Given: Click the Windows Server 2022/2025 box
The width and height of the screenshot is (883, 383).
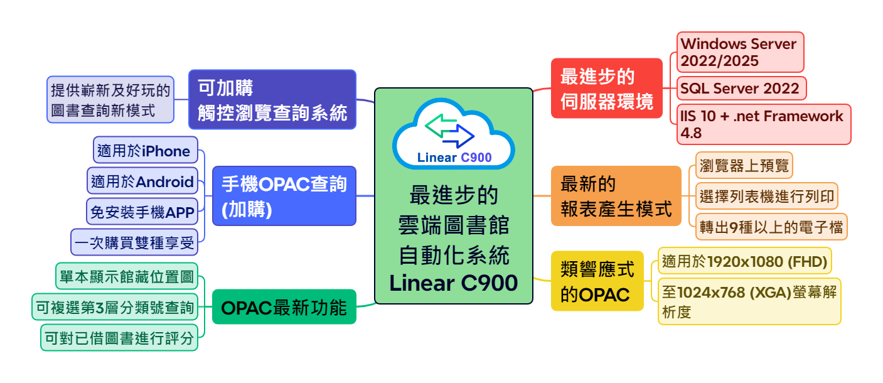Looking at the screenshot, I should coord(740,52).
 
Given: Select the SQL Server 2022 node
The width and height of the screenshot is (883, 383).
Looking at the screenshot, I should coord(741,89).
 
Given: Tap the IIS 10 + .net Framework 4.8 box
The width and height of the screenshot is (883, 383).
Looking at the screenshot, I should coord(764,124).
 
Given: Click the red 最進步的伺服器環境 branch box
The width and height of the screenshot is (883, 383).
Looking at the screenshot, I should coord(606,89).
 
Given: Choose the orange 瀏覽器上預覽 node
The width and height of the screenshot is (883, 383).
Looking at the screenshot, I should coord(744,166).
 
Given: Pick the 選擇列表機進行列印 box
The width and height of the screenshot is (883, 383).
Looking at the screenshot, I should coord(767,197).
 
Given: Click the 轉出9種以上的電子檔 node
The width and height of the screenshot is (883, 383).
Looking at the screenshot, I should coord(771,227).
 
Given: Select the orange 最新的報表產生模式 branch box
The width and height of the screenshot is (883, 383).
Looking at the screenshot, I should coord(616,196).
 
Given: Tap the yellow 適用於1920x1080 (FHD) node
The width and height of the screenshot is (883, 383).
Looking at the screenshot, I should coord(744,261).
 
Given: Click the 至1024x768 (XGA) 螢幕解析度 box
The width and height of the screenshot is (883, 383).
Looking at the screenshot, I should coord(749,301).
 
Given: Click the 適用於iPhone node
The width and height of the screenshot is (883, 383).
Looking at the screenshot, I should coord(145,151).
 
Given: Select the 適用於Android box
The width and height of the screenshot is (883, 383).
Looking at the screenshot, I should coord(142,181).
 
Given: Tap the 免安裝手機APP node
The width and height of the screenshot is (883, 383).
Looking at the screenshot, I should coord(142,212).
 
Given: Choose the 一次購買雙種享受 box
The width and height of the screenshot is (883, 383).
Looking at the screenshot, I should coord(134,242).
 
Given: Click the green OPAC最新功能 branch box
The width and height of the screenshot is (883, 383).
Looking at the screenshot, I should coord(284,307).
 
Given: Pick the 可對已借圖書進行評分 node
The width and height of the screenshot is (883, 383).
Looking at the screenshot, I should coord(119,338).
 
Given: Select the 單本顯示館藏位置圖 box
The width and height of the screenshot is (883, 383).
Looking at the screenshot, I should coord(127,276).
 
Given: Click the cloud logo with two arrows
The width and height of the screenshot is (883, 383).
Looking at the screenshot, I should coord(453,134).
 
